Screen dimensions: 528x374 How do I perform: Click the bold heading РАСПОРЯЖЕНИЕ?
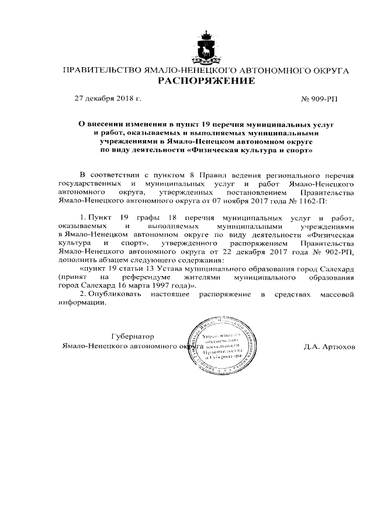click(x=206, y=81)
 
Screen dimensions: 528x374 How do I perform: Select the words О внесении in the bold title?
click(x=101, y=125)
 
